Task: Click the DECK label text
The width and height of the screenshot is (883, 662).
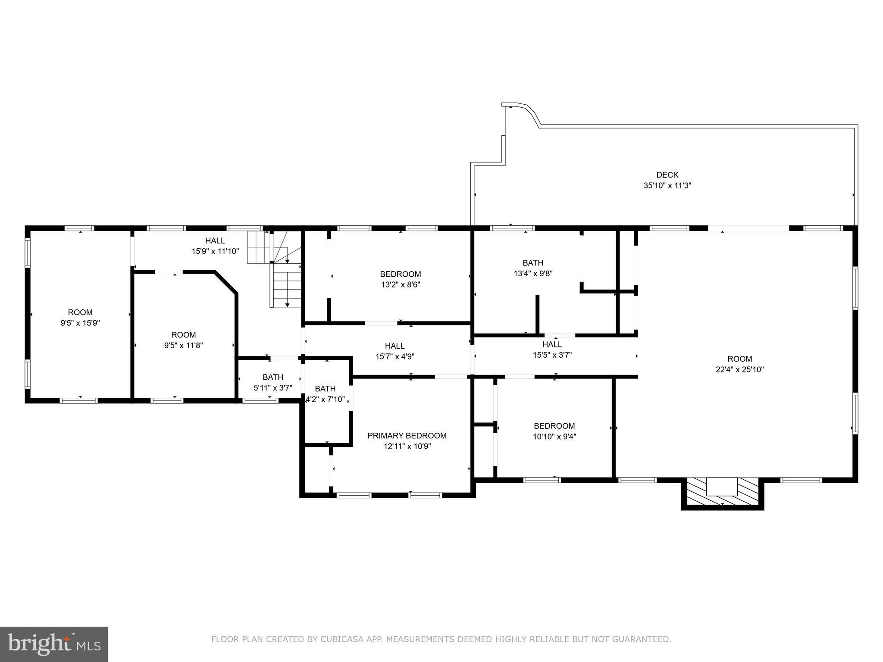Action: click(x=667, y=175)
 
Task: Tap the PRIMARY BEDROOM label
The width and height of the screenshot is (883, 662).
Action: click(x=407, y=436)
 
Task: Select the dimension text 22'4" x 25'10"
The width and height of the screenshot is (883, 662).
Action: click(x=739, y=369)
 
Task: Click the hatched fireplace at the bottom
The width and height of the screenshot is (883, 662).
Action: click(x=722, y=492)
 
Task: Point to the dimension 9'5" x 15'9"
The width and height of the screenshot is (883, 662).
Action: click(x=80, y=323)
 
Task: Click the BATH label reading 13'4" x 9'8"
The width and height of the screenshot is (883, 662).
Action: click(x=532, y=263)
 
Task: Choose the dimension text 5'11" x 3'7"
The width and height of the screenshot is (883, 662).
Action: click(x=272, y=387)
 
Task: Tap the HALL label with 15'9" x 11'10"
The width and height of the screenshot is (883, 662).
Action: click(x=215, y=241)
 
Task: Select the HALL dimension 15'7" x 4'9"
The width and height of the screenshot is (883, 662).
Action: click(x=395, y=356)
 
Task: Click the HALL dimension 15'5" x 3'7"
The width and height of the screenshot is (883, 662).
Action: click(x=552, y=355)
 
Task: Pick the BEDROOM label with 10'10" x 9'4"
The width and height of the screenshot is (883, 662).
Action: click(x=554, y=426)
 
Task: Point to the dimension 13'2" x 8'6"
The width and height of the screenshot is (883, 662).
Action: click(x=400, y=284)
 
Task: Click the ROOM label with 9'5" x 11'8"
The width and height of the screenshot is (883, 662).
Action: click(x=183, y=335)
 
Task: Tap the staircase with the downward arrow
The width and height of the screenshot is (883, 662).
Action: click(x=285, y=284)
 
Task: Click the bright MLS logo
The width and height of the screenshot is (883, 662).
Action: click(x=54, y=644)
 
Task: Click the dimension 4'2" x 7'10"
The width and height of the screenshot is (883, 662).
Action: click(x=326, y=400)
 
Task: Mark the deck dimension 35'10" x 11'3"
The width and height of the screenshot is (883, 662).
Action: click(x=667, y=186)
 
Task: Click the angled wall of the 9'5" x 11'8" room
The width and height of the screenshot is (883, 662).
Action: click(x=226, y=283)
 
